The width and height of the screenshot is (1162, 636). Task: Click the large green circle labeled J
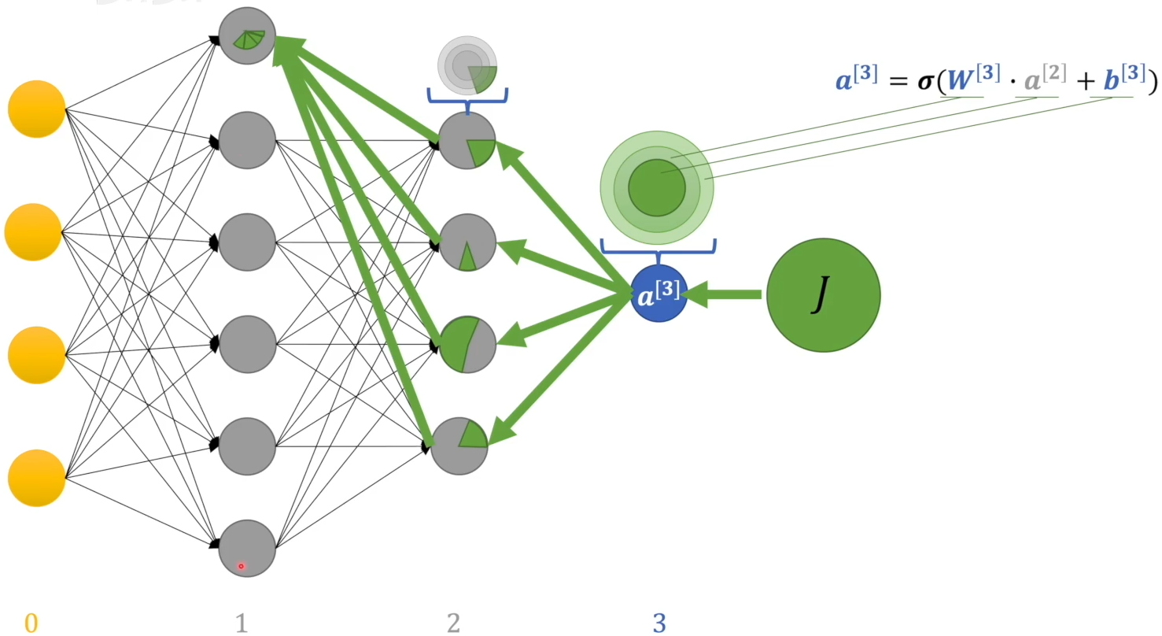823,295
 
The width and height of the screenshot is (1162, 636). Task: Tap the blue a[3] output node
658,295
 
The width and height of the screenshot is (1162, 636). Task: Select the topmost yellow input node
36,109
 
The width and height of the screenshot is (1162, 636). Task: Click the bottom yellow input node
36,478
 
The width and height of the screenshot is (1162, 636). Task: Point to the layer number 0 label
31,623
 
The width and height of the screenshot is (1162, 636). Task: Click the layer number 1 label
242,623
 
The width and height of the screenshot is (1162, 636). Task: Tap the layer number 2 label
453,623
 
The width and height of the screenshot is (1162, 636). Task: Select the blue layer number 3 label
659,623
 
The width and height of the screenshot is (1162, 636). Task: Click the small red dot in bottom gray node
241,566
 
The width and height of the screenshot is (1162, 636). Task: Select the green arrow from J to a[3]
724,295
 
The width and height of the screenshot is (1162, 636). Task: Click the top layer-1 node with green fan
247,36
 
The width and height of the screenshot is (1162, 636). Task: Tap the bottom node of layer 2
459,446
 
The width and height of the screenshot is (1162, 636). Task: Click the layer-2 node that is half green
467,344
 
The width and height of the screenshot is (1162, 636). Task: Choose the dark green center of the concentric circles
657,187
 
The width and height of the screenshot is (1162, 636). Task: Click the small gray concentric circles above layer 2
468,64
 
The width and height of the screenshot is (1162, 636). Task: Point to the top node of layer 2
467,141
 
